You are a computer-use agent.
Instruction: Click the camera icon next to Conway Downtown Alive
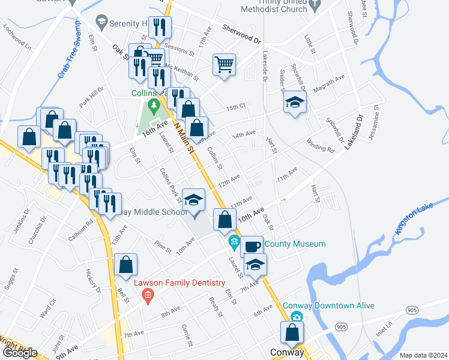295,317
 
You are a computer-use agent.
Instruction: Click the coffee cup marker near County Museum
252,245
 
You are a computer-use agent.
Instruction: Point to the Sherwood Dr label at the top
241,35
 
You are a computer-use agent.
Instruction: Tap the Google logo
20,353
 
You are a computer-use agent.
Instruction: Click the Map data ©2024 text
423,355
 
